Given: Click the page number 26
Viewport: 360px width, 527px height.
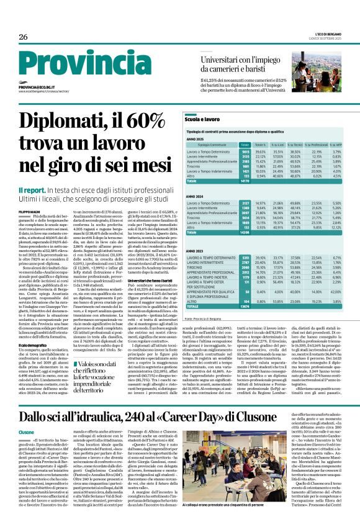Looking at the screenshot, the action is click(24, 36).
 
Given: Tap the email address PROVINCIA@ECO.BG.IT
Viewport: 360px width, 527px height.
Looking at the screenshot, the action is click(38, 88).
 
